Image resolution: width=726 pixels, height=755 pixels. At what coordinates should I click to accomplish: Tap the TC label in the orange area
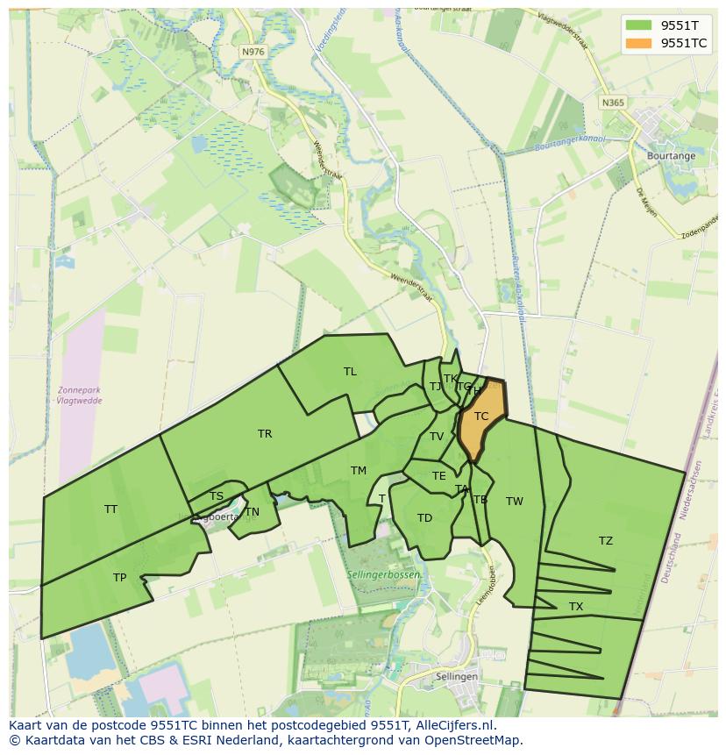(x=481, y=417)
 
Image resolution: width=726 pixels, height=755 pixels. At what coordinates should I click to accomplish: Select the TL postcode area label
(x=350, y=372)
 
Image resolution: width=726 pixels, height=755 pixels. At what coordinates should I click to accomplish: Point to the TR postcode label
(x=265, y=434)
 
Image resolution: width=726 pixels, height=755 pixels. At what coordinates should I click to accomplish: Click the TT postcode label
(x=110, y=509)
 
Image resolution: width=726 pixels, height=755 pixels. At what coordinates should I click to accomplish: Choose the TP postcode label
(x=119, y=578)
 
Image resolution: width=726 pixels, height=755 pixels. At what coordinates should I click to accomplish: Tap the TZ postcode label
(x=606, y=541)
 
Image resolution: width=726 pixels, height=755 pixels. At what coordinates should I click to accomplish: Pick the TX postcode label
(x=576, y=607)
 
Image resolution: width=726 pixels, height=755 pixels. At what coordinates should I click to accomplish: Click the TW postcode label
(x=515, y=502)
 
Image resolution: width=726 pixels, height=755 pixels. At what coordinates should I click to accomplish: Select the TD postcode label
(x=425, y=518)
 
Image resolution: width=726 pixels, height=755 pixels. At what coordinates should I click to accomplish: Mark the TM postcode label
(x=359, y=471)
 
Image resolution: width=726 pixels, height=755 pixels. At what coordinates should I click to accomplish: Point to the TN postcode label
(x=253, y=512)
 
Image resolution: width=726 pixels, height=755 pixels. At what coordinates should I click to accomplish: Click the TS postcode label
(x=217, y=496)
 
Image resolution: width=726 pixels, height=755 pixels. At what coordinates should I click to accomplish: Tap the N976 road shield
(x=253, y=53)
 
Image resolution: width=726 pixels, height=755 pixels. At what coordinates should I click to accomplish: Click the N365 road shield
(x=614, y=103)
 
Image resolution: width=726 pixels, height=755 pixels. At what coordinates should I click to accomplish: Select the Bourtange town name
(x=671, y=156)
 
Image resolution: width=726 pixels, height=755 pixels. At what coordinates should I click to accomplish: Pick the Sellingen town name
(x=457, y=677)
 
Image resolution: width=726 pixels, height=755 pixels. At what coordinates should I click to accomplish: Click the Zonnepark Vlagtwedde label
(x=78, y=395)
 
